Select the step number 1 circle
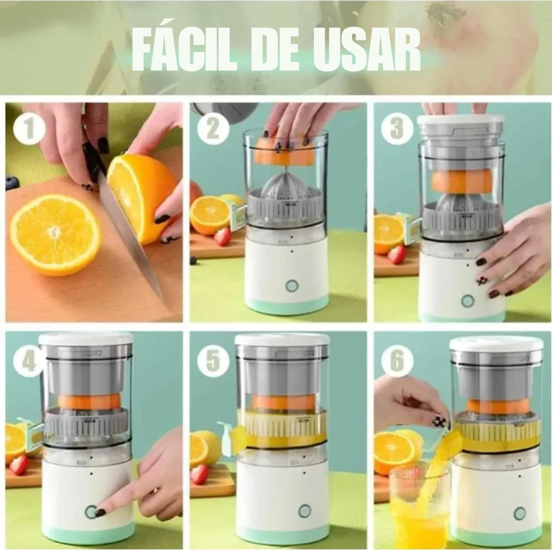[x=29, y=129]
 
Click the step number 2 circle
[x=213, y=129]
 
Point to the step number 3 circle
[x=397, y=129]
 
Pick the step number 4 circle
[x=29, y=361]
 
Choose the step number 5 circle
[x=213, y=361]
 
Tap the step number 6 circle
[x=397, y=361]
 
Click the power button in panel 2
[x=292, y=286]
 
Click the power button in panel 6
[x=520, y=514]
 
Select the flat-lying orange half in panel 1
[x=55, y=235]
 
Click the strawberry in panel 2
[x=222, y=237]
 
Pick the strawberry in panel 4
[x=19, y=465]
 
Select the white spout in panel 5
[x=226, y=439]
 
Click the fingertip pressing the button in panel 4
[x=100, y=513]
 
